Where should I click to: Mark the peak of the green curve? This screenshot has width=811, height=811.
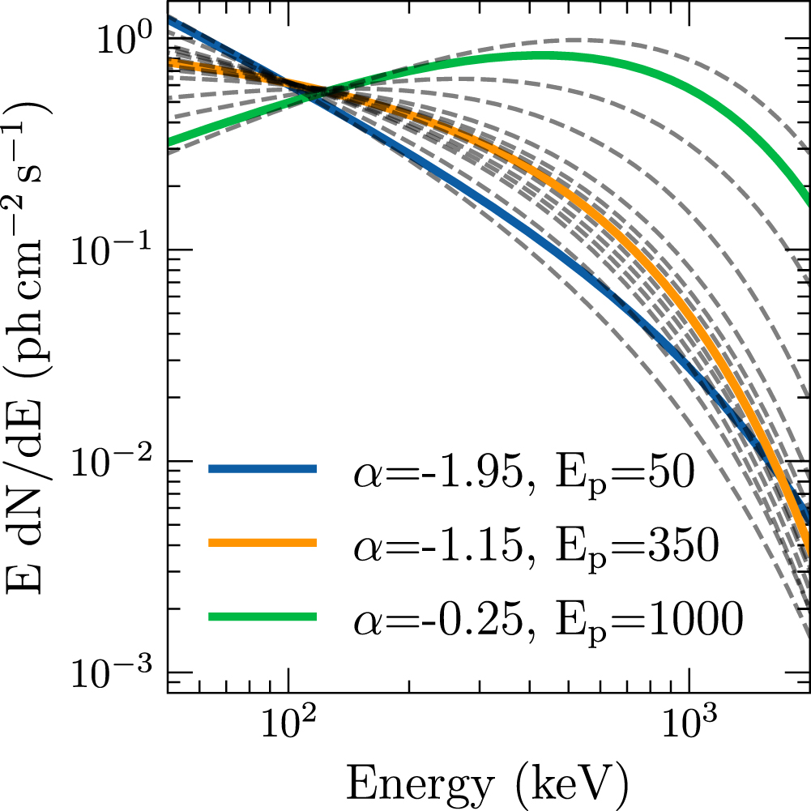(543, 55)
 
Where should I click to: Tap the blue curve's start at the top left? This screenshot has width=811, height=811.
(169, 19)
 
